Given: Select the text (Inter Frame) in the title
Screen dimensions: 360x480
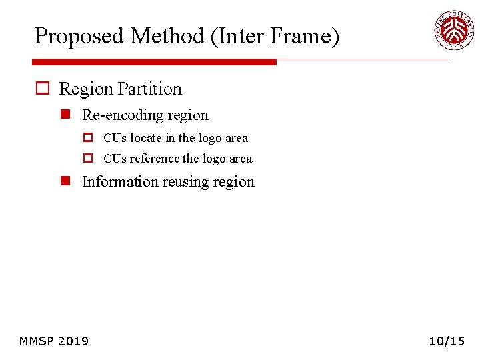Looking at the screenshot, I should click(275, 36).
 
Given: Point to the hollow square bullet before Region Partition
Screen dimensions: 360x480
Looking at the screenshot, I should click(43, 89).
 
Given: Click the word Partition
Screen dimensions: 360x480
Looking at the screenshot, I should click(152, 89).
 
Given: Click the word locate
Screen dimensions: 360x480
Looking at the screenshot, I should click(145, 138).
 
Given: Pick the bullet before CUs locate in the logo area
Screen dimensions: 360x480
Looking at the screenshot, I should click(88, 138).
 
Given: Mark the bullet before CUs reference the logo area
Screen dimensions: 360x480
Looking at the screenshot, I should click(88, 159).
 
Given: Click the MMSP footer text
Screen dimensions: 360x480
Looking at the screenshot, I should click(36, 341).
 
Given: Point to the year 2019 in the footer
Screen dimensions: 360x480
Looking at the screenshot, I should click(73, 341).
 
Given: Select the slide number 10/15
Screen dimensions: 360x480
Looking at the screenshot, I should click(446, 341).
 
